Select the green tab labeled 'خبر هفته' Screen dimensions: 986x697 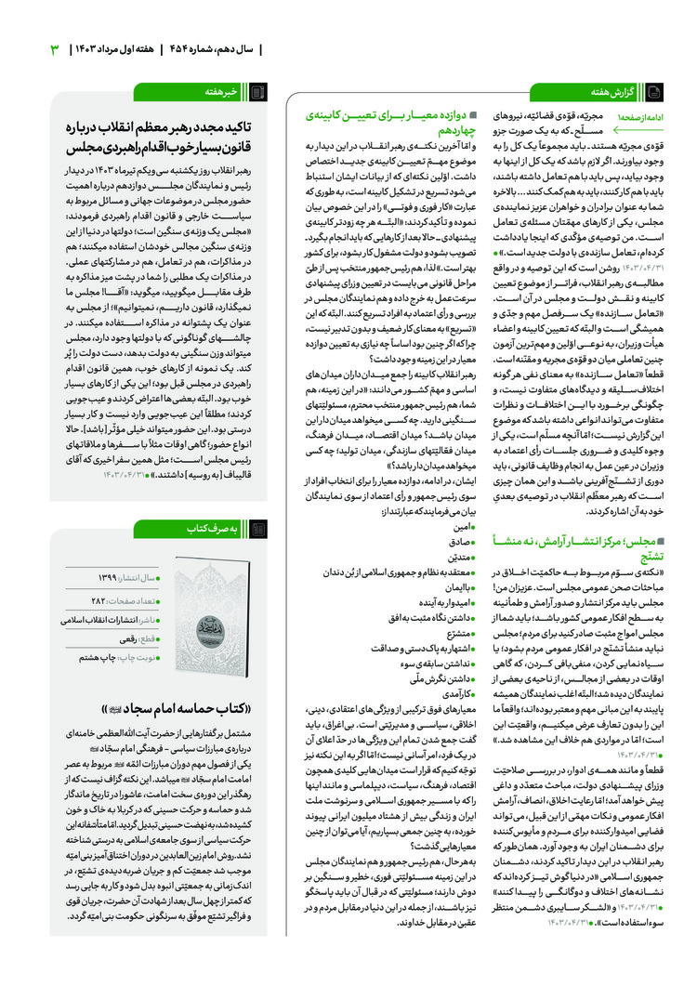[227, 91]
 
